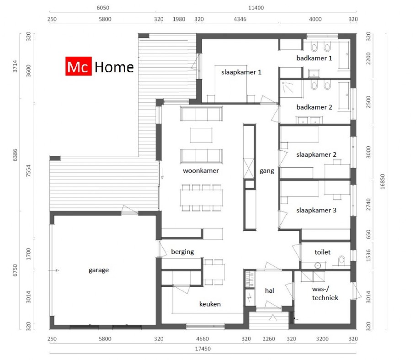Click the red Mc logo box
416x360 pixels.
[79, 67]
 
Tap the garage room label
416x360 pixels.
[99, 270]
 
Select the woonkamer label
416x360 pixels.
[201, 171]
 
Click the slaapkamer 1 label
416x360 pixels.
[241, 72]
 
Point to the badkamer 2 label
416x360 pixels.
[314, 107]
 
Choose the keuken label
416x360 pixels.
[210, 304]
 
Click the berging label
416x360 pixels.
[182, 252]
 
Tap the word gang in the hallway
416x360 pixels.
[267, 171]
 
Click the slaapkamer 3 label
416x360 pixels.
[316, 210]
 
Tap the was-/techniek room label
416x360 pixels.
[325, 293]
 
